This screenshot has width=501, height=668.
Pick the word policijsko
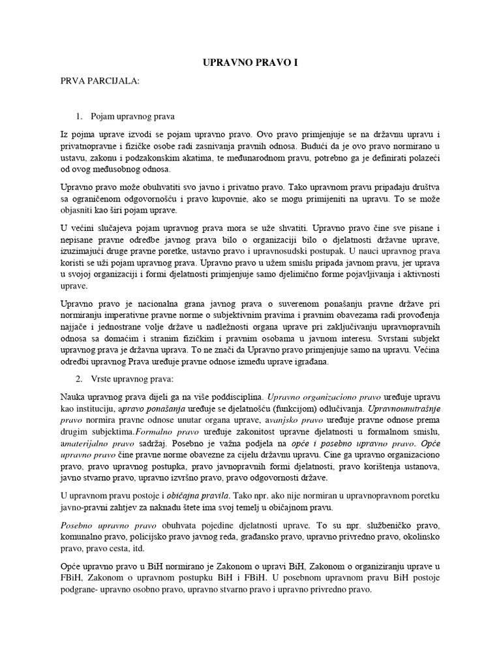152,537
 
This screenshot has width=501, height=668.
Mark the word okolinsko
418,537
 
